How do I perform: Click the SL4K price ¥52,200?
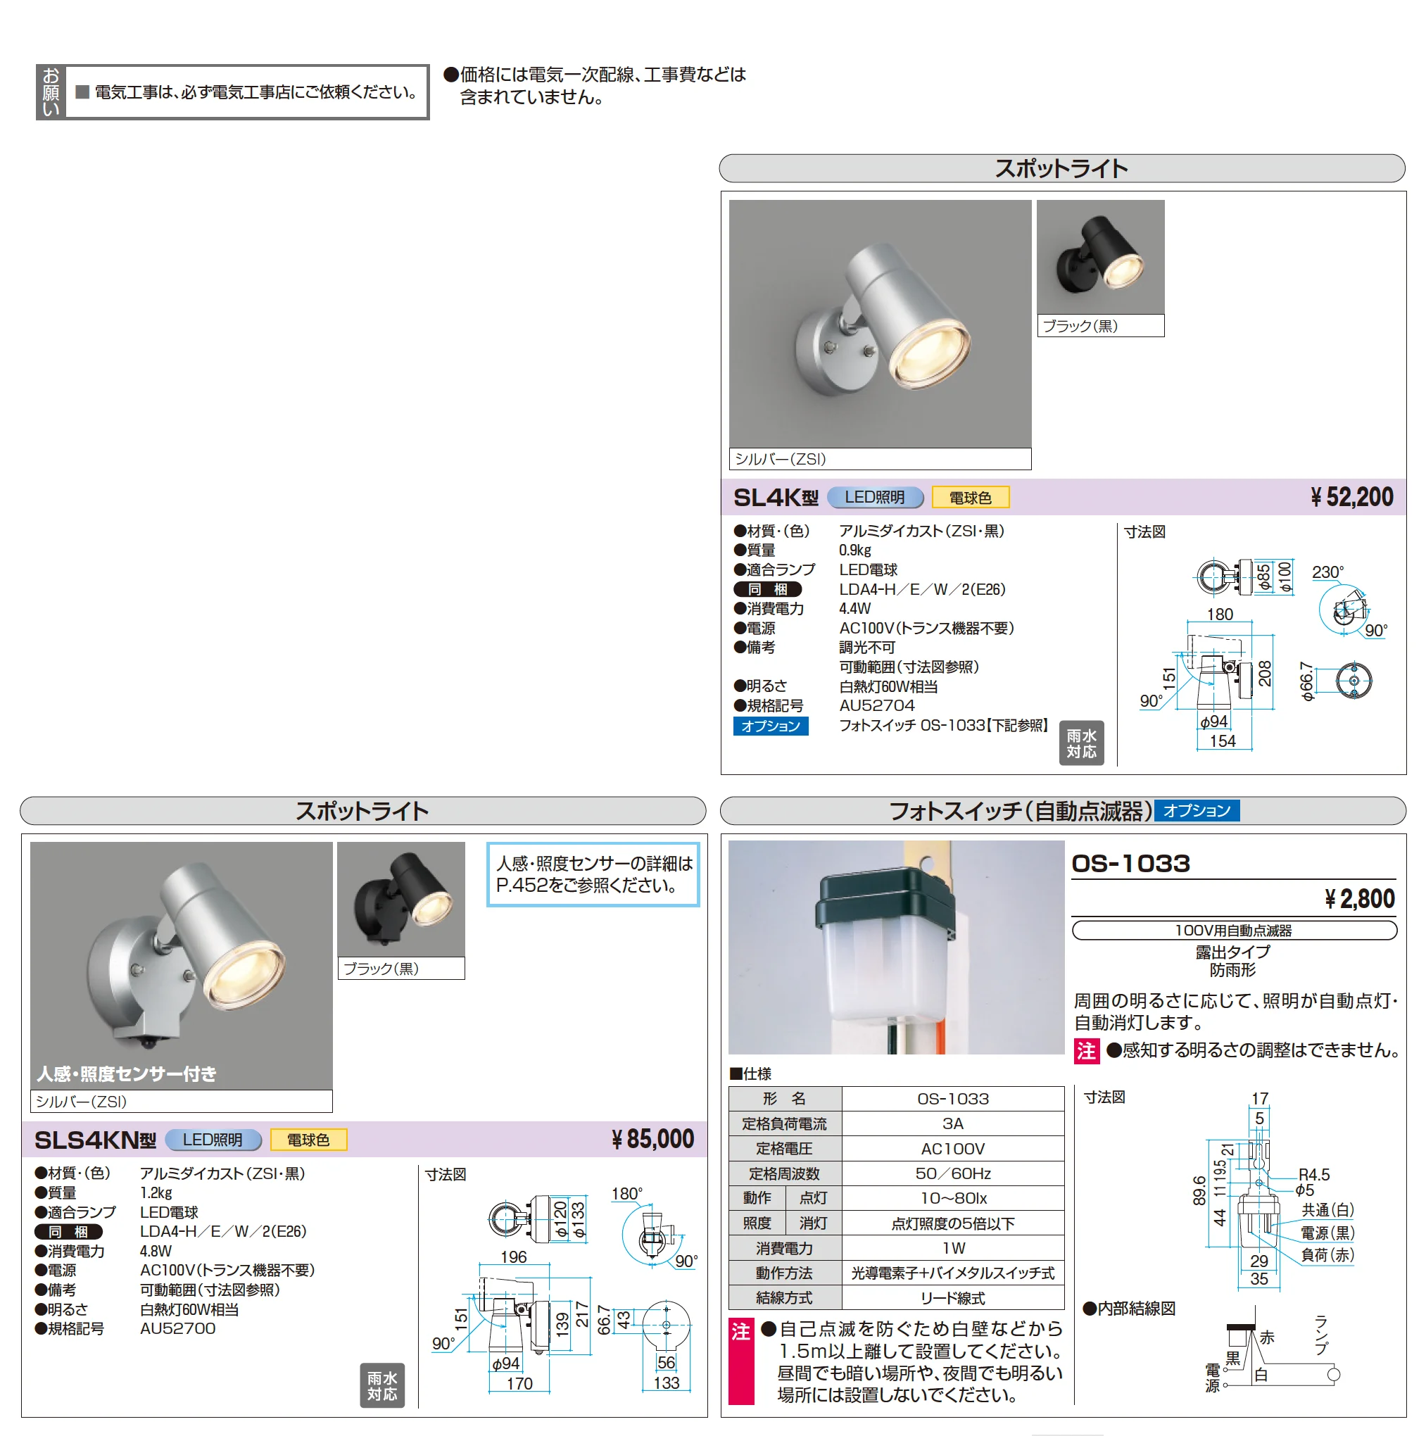[1351, 497]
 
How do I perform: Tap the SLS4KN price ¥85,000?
[652, 1140]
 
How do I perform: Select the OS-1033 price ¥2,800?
[1359, 900]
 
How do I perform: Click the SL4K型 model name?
[775, 497]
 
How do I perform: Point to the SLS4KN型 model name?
[95, 1140]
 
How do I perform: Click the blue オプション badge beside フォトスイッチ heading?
[1197, 810]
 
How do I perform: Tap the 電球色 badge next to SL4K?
[970, 497]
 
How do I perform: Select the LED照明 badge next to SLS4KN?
[213, 1140]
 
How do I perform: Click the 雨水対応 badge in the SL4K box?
[1081, 743]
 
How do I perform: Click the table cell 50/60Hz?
[952, 1173]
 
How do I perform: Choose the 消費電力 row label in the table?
[785, 1248]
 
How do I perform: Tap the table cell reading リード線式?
[952, 1298]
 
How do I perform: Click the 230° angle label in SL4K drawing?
[1327, 572]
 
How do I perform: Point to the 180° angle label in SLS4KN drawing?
[626, 1194]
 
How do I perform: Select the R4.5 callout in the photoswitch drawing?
[1314, 1175]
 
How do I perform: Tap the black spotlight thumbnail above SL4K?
[1101, 257]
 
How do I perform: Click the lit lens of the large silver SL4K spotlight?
[930, 355]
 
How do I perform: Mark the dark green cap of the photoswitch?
[885, 902]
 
